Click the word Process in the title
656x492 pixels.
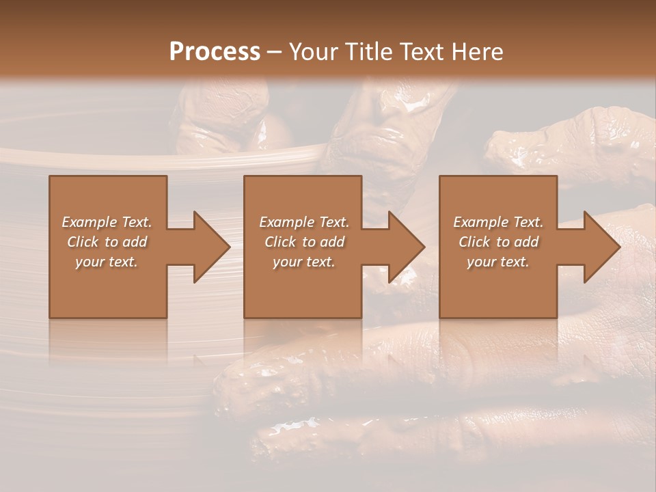click(215, 52)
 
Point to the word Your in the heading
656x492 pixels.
click(315, 52)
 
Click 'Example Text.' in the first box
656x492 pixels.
click(107, 222)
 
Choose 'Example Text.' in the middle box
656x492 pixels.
click(304, 222)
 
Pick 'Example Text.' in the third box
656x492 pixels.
click(498, 222)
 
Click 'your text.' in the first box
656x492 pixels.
click(107, 262)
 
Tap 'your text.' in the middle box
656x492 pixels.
click(304, 262)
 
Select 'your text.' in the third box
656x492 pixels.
click(498, 262)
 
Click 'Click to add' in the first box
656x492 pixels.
click(107, 242)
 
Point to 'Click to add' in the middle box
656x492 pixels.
click(304, 242)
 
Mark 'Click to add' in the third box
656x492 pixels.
click(498, 242)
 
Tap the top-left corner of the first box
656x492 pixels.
click(51, 177)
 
